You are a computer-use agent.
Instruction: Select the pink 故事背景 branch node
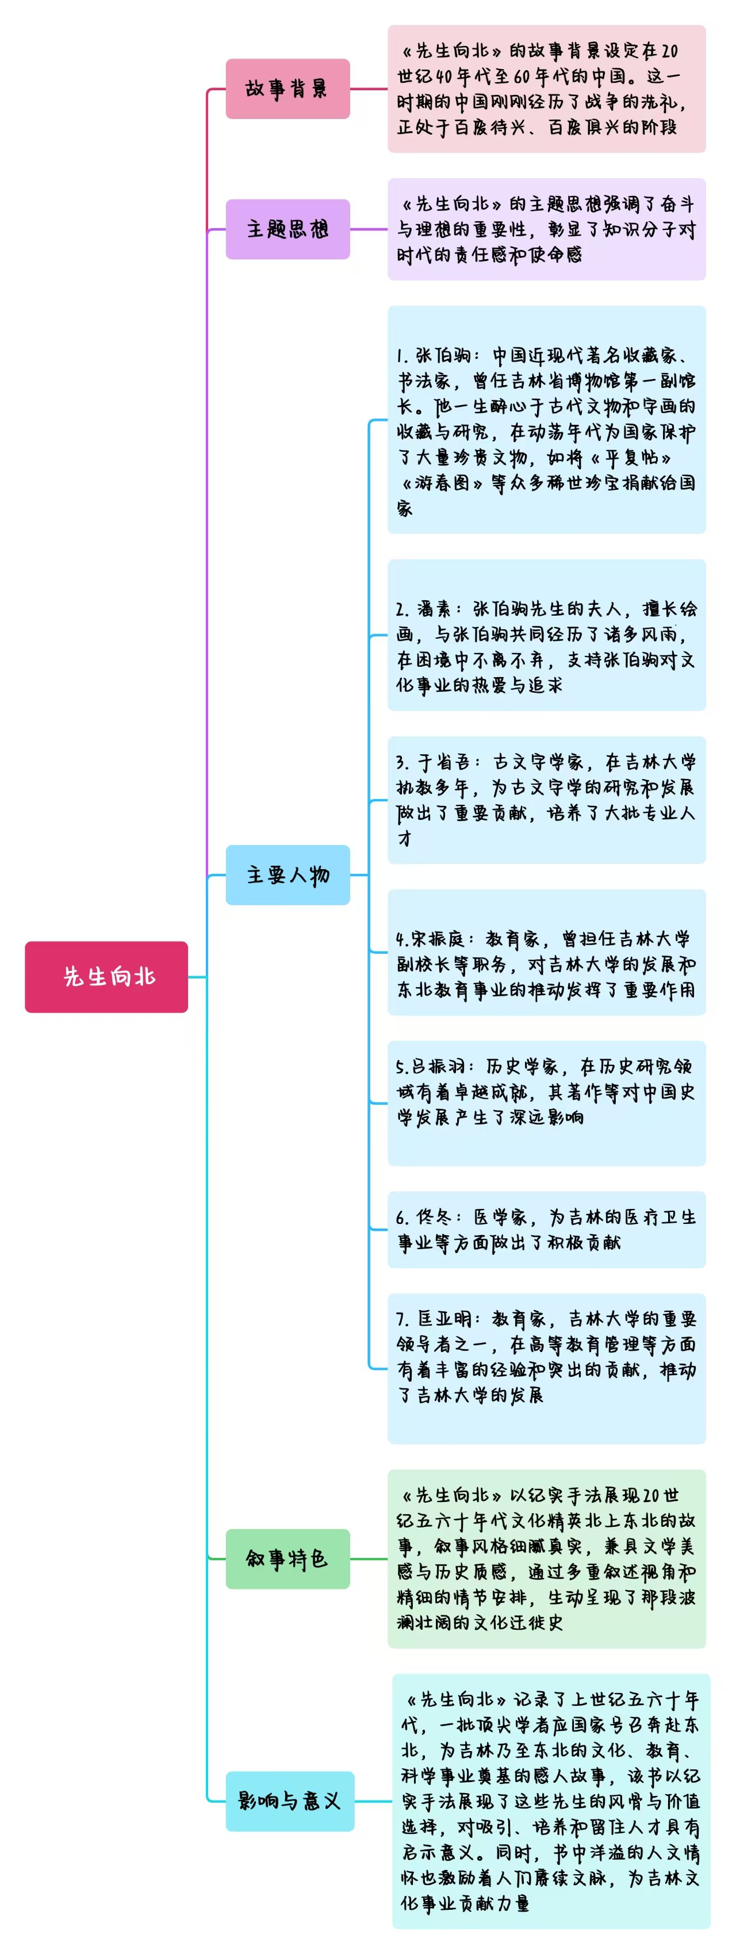point(287,89)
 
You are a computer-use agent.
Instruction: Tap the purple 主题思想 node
point(287,229)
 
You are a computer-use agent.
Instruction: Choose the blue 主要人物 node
point(287,874)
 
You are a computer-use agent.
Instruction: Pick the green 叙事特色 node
point(287,1559)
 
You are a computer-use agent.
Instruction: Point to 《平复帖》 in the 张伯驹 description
point(631,458)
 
